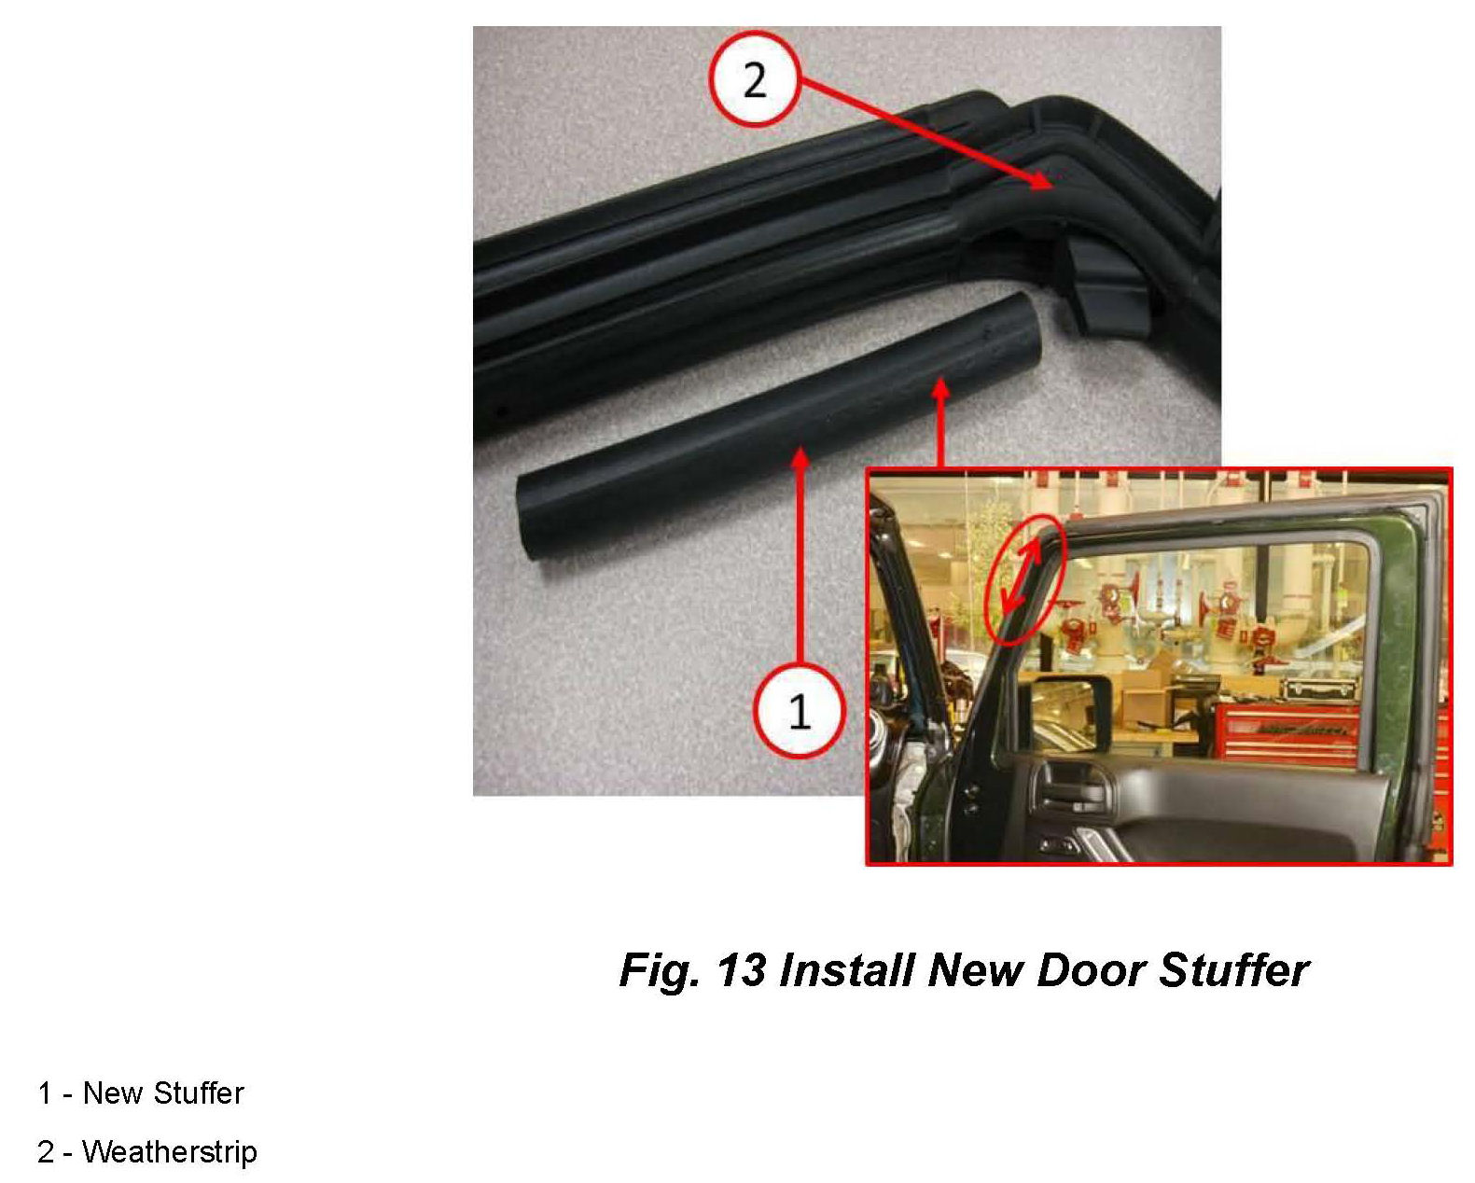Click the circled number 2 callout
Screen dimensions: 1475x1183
pos(755,78)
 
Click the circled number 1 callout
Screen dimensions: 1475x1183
pos(800,710)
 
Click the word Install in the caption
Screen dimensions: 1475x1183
pos(847,970)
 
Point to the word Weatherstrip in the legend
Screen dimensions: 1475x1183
pos(170,1151)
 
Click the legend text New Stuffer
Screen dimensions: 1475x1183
pos(163,1093)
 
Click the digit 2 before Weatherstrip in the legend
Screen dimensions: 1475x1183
pos(46,1151)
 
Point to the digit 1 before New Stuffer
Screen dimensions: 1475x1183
pos(45,1093)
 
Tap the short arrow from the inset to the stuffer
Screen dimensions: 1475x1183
pos(941,424)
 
